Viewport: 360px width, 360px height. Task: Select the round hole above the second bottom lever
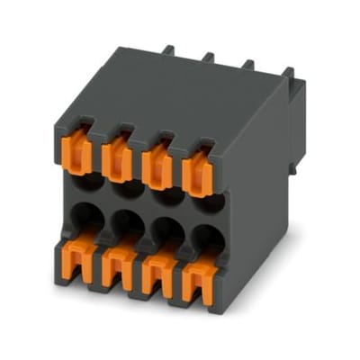[127, 223]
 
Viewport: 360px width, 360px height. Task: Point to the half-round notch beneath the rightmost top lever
[205, 202]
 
